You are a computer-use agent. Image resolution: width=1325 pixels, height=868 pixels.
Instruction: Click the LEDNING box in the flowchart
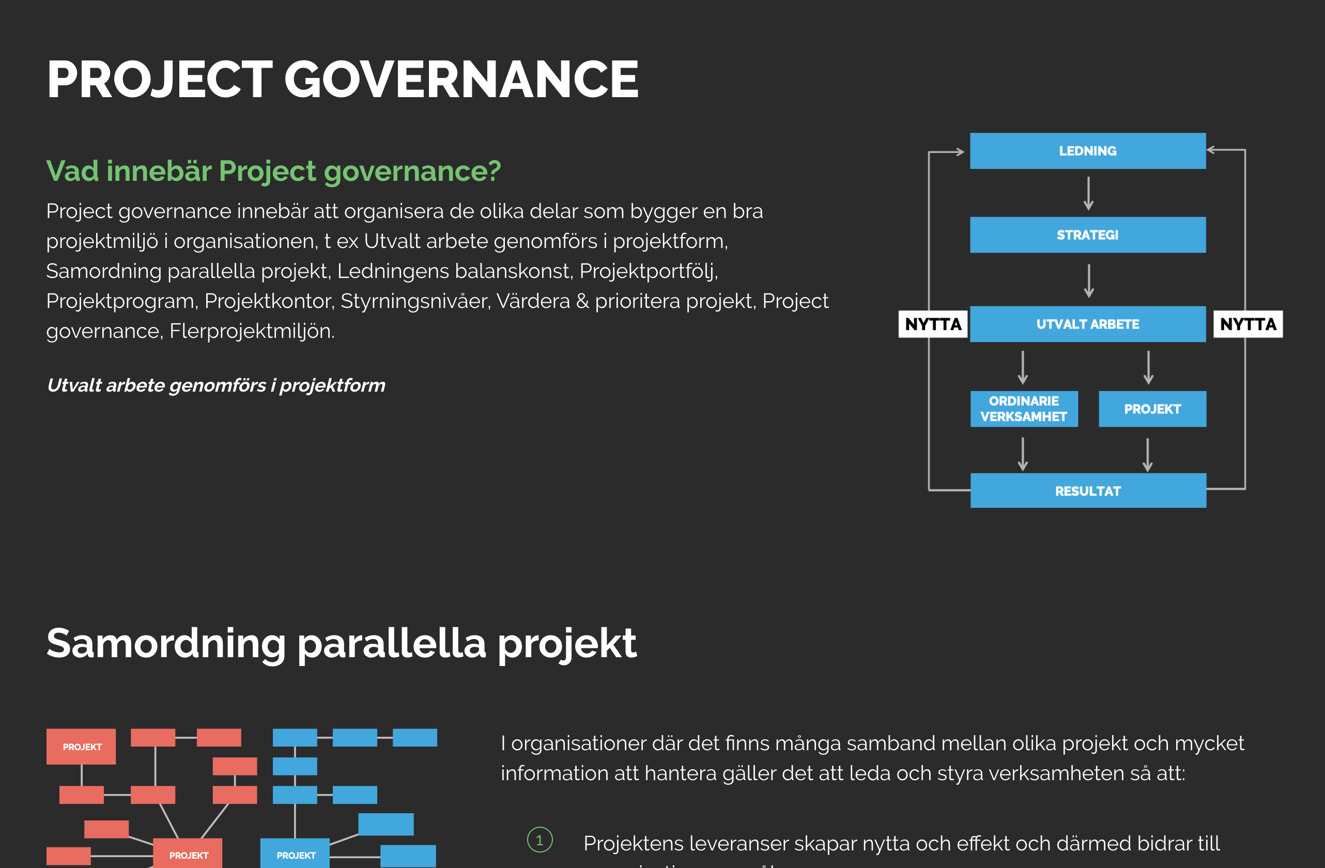[1088, 151]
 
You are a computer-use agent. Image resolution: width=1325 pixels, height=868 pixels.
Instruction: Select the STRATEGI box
[1088, 235]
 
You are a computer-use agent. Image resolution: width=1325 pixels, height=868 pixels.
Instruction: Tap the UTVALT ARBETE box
[1088, 324]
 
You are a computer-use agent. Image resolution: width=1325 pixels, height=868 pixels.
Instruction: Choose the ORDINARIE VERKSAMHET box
[1024, 409]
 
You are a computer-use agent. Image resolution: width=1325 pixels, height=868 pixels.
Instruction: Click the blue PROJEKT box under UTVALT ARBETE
[1152, 409]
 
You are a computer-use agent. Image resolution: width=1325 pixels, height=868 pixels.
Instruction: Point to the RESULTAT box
[1088, 490]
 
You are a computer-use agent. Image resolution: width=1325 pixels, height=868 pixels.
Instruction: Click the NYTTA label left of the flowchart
[933, 324]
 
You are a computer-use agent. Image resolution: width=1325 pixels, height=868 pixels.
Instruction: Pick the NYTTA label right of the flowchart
[1248, 324]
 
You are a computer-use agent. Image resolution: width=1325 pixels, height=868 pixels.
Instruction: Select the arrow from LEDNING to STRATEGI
[1088, 193]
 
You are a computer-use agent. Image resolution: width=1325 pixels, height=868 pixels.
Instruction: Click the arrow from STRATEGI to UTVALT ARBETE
[1089, 281]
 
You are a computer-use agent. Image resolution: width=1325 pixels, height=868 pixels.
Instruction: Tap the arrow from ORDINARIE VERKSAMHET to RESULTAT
[1023, 454]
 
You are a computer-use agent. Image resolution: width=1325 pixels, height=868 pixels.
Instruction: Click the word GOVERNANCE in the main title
[461, 80]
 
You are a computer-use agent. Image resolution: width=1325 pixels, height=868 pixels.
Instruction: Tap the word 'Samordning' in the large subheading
[166, 643]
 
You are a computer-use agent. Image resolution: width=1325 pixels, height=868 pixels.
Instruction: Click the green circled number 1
[540, 840]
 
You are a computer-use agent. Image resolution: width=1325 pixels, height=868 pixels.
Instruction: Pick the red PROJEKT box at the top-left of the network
[81, 747]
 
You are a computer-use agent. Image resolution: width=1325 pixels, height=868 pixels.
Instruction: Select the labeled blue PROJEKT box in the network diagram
[295, 853]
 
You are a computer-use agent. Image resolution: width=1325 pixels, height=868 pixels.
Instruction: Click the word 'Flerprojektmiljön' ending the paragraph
[252, 331]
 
